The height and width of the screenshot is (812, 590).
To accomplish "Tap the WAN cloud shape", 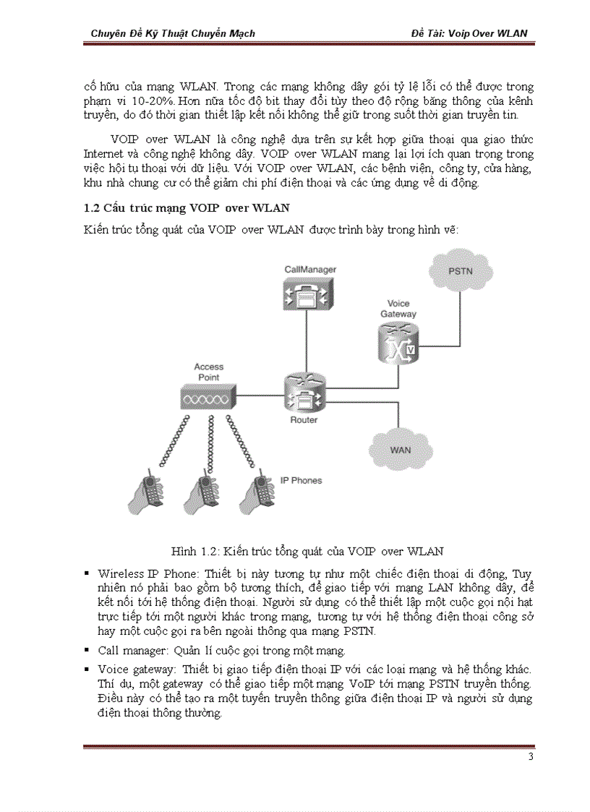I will (x=400, y=449).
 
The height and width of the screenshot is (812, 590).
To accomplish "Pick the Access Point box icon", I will (x=208, y=398).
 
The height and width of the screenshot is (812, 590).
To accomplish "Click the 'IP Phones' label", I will (x=301, y=480).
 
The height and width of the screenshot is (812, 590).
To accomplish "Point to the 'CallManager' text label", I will (x=310, y=270).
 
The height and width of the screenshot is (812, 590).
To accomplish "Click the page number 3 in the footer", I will (x=530, y=757).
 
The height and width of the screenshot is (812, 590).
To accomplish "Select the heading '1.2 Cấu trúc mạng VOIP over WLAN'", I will (x=187, y=208).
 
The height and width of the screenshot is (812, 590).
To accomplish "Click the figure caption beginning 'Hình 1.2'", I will (x=307, y=552).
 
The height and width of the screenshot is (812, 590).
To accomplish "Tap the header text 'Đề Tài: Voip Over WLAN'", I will (x=469, y=33).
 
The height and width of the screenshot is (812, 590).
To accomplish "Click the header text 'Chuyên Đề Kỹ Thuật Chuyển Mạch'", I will (x=173, y=33).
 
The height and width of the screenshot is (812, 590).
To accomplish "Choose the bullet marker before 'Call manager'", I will (x=87, y=651).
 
